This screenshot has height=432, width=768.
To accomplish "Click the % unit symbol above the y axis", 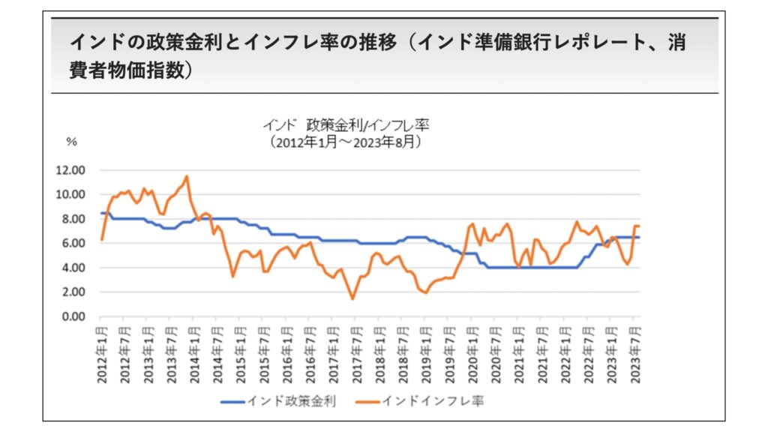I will point(72,141).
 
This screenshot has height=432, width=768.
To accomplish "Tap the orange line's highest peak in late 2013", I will point(187,176).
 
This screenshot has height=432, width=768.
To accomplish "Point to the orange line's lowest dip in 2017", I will point(352,298).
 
